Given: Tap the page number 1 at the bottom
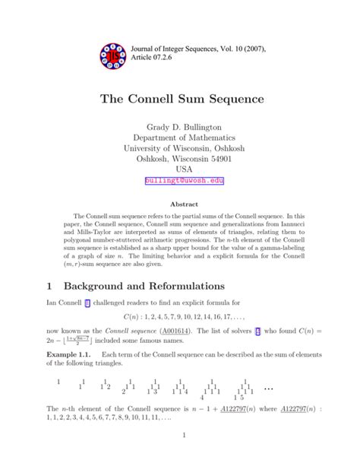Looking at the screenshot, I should tap(184, 435).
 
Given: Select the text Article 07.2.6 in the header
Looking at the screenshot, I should tap(162, 57).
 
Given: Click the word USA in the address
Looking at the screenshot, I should tap(179, 169).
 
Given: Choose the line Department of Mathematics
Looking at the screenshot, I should tap(179, 143).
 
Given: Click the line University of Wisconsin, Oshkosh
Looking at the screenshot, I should tap(179, 156).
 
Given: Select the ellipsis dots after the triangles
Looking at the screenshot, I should tap(268, 388).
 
